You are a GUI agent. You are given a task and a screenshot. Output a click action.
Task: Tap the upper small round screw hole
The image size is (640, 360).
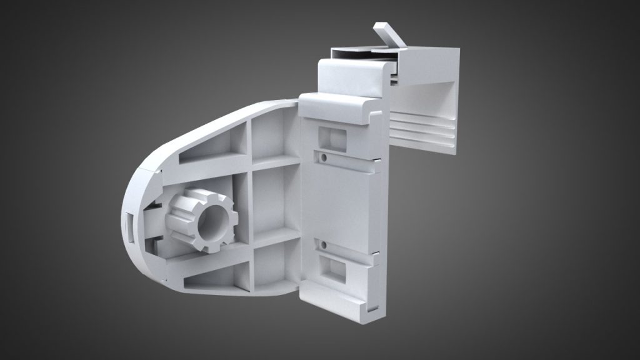324,157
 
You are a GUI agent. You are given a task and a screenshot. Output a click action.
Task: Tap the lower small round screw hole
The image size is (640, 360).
324,244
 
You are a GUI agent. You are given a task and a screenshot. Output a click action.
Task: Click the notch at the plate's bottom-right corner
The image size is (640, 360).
372,306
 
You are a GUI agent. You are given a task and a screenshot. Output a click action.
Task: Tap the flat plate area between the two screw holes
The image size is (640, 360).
341,200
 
